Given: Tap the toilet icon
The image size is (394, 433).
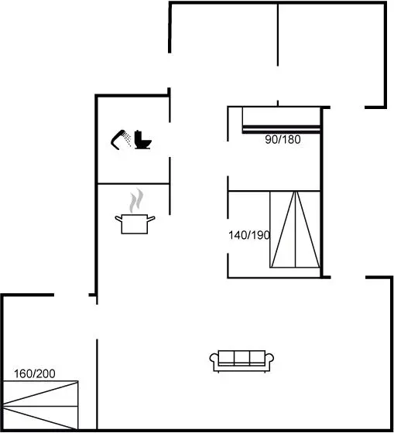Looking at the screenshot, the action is (x=142, y=140).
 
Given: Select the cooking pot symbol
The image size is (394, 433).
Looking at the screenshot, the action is (x=135, y=224).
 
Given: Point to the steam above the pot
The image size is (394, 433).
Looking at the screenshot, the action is (x=136, y=200).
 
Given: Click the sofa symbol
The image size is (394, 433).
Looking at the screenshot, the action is (x=242, y=361).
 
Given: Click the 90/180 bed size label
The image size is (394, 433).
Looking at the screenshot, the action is (x=283, y=139).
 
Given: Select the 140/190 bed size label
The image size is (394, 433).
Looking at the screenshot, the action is (x=248, y=235).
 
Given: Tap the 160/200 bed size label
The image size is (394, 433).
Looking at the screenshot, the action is (x=35, y=374).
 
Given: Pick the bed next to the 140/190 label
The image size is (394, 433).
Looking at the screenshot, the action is (x=295, y=229).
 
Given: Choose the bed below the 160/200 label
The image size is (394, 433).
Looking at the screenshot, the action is (x=40, y=405).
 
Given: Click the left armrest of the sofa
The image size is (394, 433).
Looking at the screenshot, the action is (x=214, y=360).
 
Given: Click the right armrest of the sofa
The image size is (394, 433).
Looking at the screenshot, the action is (x=269, y=360).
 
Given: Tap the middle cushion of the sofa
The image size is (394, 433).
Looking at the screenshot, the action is (x=242, y=357).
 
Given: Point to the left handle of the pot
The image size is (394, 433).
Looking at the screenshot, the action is (x=118, y=220).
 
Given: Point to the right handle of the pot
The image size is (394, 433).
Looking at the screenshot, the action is (x=151, y=220).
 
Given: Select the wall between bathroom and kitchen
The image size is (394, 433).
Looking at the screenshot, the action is (x=134, y=183).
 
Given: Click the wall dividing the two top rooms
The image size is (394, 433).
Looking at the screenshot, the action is (x=278, y=35).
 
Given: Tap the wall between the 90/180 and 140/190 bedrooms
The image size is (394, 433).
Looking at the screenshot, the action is (x=274, y=190).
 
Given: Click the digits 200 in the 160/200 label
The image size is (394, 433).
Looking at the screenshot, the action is (x=46, y=374).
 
